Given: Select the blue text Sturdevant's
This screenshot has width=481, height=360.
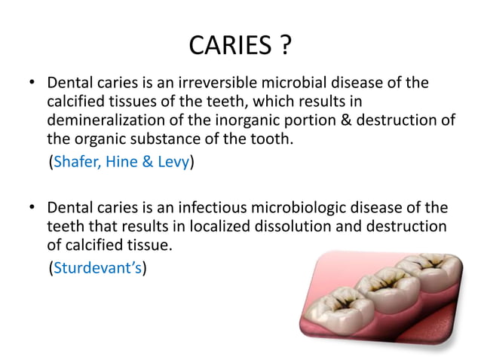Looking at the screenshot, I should click(97, 266).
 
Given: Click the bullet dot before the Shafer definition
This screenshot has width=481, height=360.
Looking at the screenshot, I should click(29, 82).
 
